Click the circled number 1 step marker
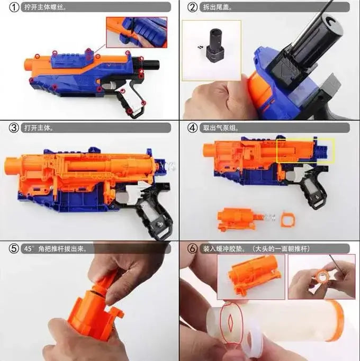[x=14, y=7]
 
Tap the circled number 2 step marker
[x=193, y=7]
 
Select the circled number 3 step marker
[x=14, y=128]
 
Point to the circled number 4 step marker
[x=193, y=128]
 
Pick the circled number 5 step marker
[x=14, y=249]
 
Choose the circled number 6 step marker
[x=193, y=249]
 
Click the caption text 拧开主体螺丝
[x=44, y=7]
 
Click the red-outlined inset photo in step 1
[x=137, y=32]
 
